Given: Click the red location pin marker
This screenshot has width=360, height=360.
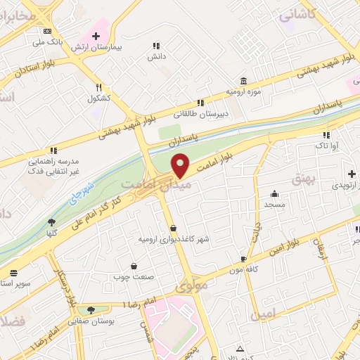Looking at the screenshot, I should (181, 165).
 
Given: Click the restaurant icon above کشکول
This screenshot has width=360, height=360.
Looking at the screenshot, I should (99, 87).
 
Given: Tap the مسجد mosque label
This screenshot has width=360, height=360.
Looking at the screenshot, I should (274, 204).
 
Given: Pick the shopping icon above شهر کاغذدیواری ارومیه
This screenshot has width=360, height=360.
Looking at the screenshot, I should (174, 228).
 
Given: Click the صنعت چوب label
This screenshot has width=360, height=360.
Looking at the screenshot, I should (134, 276).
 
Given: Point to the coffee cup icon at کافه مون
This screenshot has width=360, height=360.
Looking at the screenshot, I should (243, 259).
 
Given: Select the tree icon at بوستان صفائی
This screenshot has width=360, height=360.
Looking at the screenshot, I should (91, 310).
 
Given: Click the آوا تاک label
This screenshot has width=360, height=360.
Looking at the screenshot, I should (326, 146).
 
